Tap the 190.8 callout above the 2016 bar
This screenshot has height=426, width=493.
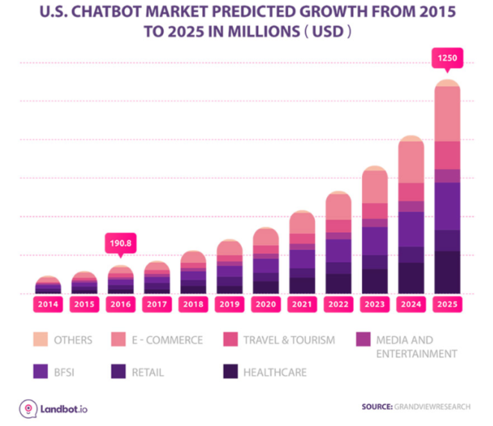(x=121, y=245)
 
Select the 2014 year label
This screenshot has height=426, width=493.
(x=48, y=304)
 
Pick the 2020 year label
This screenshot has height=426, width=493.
(x=265, y=304)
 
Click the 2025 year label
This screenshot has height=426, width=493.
(x=447, y=304)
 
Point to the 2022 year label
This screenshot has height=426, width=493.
(x=338, y=304)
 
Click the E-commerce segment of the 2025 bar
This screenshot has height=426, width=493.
(x=447, y=113)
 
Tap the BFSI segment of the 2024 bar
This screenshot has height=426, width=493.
(x=411, y=229)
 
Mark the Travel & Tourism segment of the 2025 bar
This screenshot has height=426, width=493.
(x=447, y=155)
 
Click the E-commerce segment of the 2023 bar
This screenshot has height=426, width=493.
(x=374, y=187)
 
